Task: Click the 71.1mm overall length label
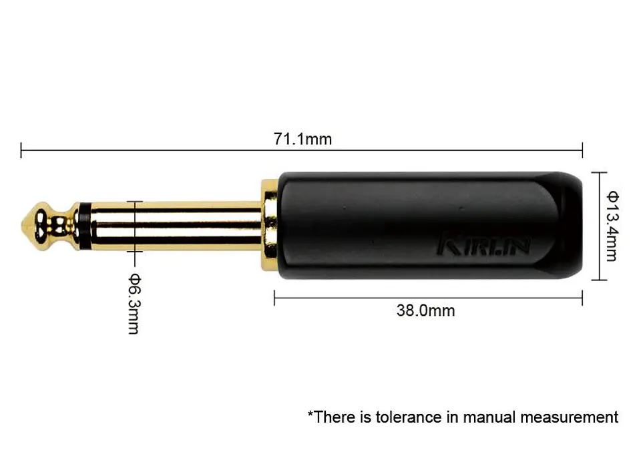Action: [x=302, y=139]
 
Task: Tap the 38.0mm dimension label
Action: [x=425, y=310]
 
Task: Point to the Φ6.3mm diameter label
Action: [x=134, y=304]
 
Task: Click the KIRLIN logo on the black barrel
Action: [x=484, y=244]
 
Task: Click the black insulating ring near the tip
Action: [x=83, y=226]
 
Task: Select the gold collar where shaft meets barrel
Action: [x=270, y=226]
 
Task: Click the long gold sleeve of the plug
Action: [x=174, y=226]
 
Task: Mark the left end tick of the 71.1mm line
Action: [x=21, y=150]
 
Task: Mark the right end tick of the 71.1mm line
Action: [x=582, y=150]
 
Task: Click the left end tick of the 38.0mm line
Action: [x=274, y=298]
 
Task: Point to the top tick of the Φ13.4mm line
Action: [x=598, y=172]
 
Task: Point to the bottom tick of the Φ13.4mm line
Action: [x=598, y=279]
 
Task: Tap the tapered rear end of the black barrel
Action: [x=572, y=226]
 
